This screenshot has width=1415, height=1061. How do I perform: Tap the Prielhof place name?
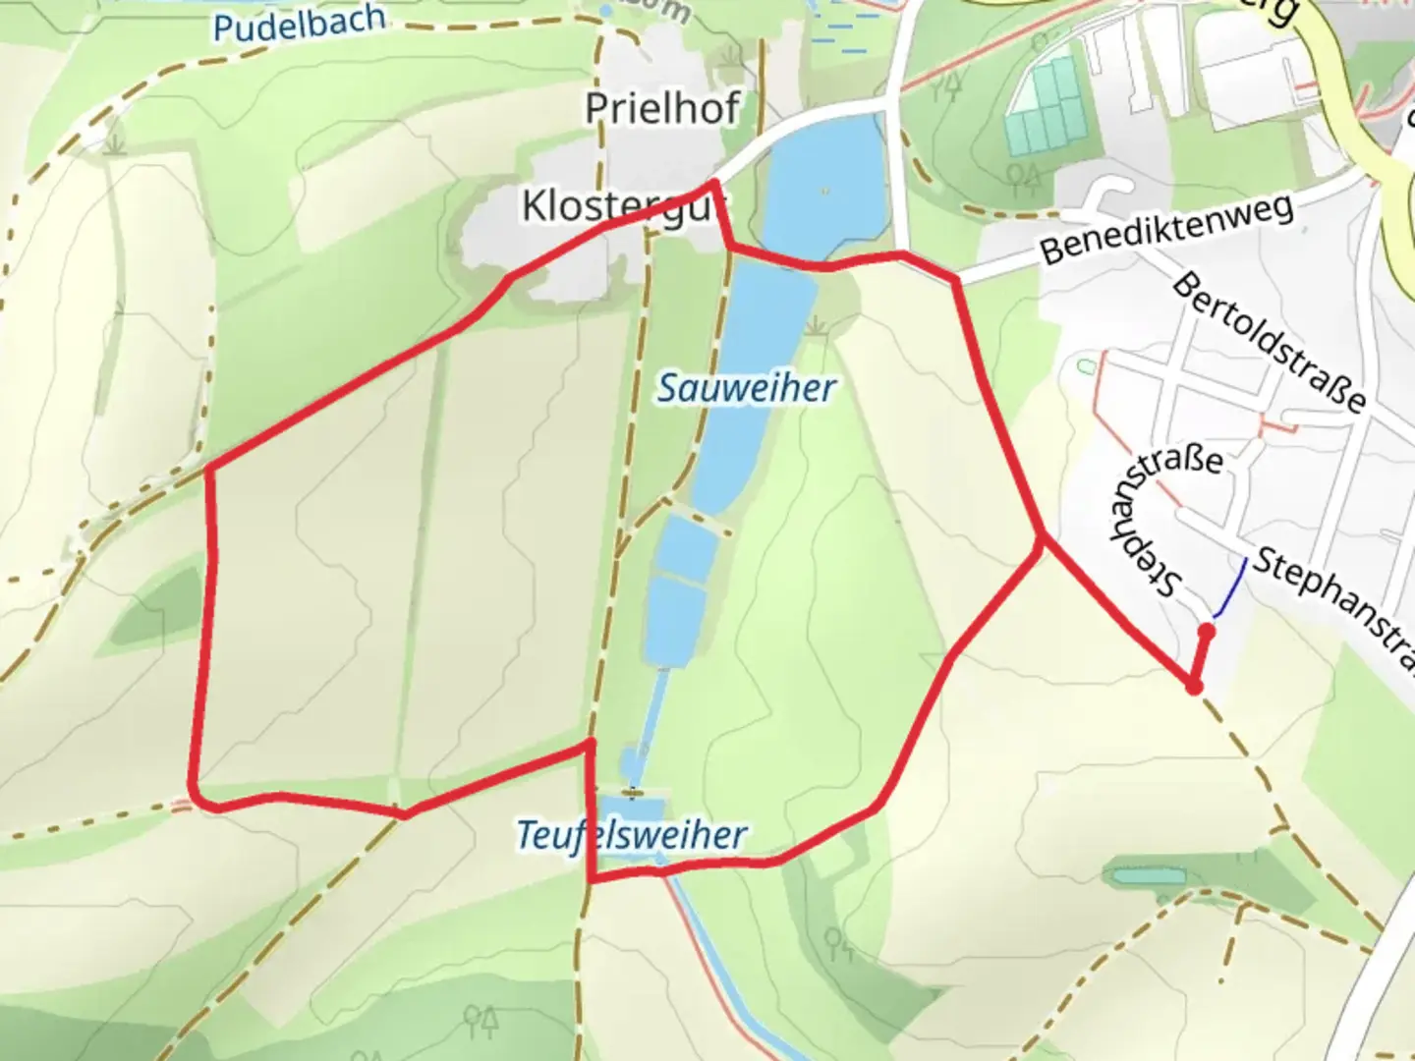point(662,109)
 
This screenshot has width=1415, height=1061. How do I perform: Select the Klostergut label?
point(625,207)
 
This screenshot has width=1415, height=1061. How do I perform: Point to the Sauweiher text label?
point(747,388)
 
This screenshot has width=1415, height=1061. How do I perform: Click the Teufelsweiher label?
point(632,836)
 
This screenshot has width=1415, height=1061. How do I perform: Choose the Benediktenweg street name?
point(1166,230)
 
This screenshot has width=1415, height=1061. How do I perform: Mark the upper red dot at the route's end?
point(1207,632)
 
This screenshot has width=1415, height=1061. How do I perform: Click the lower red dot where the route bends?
point(1194,687)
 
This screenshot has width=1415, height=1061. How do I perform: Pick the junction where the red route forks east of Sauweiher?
point(1043,538)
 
